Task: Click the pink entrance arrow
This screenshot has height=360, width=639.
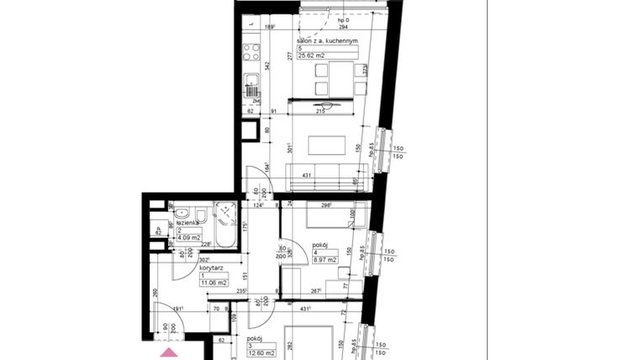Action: click(x=171, y=354)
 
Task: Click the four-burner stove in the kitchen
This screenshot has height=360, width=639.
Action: click(x=251, y=53)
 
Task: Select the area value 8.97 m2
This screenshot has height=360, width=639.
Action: click(x=326, y=260)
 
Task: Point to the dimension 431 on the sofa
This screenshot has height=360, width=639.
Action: click(x=308, y=174)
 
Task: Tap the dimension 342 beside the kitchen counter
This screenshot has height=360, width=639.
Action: click(x=267, y=65)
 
